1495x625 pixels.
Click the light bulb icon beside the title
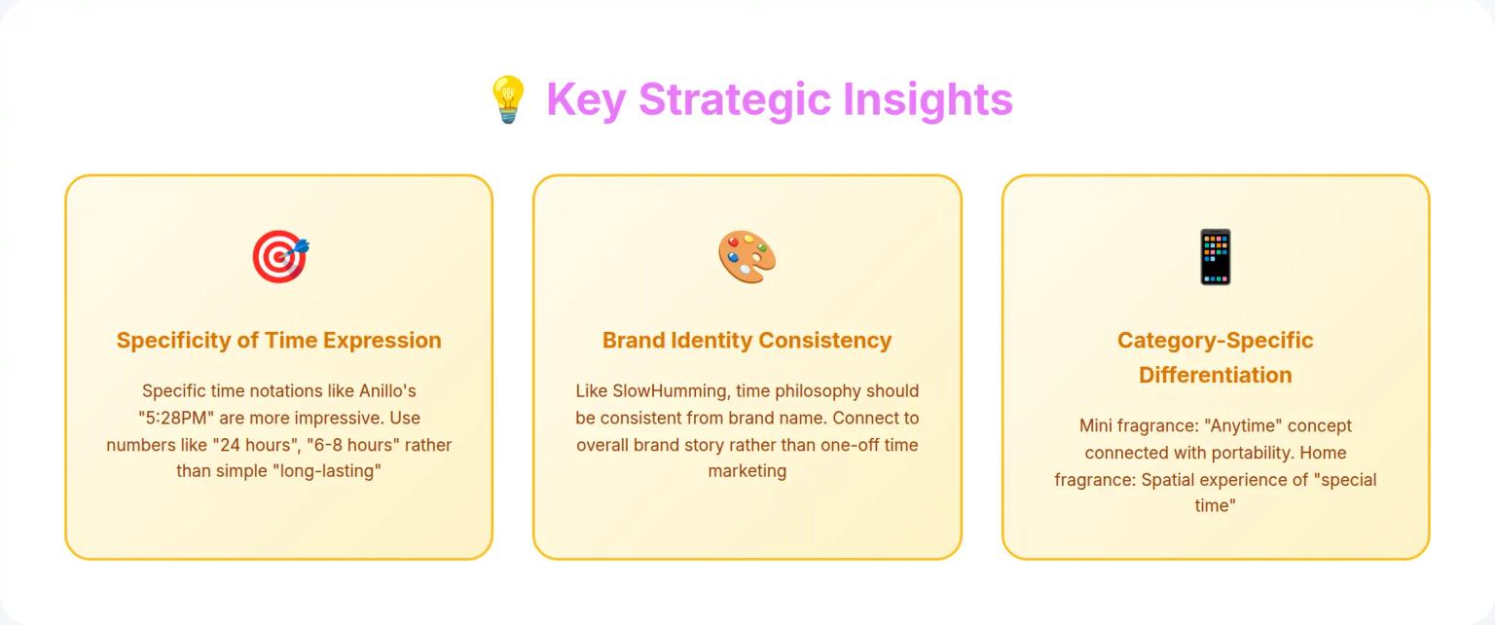click(x=507, y=99)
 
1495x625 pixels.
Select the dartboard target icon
click(x=279, y=257)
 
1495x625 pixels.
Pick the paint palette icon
click(x=747, y=257)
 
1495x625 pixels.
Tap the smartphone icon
click(x=1215, y=257)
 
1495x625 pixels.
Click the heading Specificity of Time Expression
click(x=278, y=341)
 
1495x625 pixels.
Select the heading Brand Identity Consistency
click(x=747, y=341)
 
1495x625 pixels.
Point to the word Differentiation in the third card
click(x=1215, y=375)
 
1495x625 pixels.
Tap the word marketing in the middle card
click(x=747, y=471)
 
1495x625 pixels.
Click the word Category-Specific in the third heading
click(x=1215, y=341)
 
